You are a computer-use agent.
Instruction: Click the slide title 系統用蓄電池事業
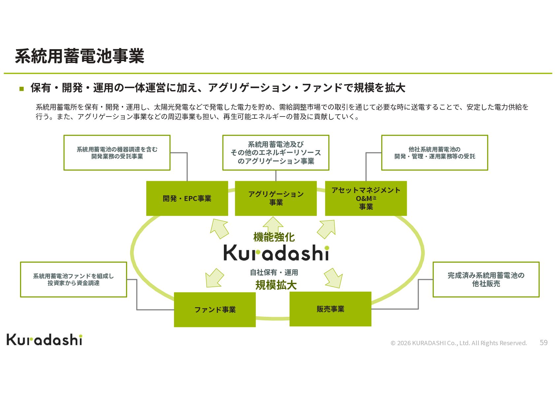point(80,56)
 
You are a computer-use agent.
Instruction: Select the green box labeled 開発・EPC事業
point(187,199)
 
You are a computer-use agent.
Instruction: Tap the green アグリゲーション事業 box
point(276,199)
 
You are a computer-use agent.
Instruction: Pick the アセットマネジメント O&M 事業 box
point(366,199)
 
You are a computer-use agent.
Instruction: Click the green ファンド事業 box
point(215,310)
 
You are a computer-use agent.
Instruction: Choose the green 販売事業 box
point(330,309)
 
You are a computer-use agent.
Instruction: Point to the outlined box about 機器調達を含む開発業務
point(117,152)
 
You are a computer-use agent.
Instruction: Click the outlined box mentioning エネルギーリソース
point(276,152)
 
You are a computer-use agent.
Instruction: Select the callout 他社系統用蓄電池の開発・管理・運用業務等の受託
point(434,152)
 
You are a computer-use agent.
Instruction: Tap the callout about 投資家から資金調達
point(74,279)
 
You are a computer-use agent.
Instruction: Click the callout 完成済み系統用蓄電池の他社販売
point(486,279)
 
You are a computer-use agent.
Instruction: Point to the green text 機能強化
point(274,237)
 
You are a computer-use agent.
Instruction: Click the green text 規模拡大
point(276,285)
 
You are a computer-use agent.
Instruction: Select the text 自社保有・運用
point(274,273)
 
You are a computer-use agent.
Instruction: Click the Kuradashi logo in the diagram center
point(276,252)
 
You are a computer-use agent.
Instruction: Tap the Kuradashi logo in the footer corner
point(45,340)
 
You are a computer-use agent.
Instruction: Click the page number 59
point(543,343)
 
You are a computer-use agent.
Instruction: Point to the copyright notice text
point(459,343)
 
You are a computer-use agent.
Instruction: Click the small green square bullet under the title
point(21,88)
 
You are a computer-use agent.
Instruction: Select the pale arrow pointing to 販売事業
point(333,278)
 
